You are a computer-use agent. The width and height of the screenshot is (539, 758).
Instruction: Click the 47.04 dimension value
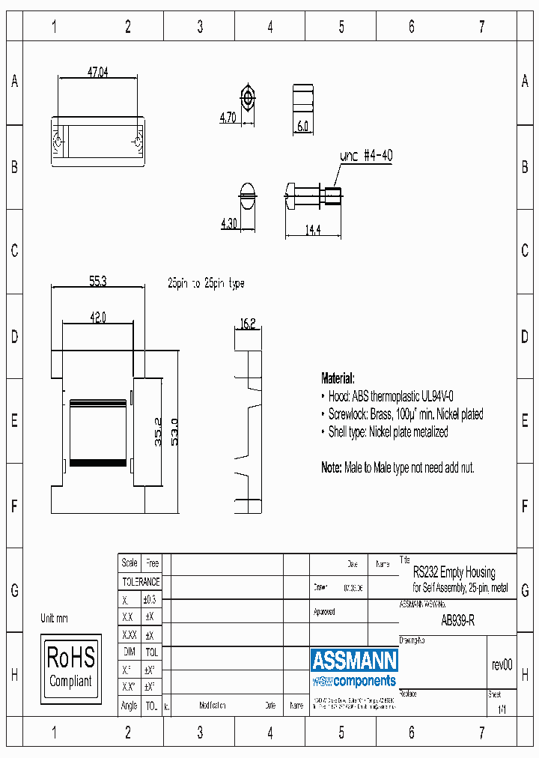pos(97,73)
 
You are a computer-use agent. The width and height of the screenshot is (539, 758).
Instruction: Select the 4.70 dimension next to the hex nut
pos(228,118)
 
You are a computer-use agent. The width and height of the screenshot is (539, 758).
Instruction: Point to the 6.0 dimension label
pos(303,127)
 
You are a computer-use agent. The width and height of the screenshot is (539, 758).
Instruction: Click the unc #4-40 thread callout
pos(366,157)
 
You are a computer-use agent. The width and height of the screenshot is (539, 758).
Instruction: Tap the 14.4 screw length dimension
pos(312,230)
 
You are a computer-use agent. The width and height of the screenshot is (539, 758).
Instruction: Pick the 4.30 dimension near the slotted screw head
pos(228,223)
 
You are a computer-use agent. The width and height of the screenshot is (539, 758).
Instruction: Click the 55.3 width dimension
pos(98,282)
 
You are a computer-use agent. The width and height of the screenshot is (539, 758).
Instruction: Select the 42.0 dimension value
pos(97,318)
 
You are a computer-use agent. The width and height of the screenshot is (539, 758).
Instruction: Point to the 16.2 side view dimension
pos(248,324)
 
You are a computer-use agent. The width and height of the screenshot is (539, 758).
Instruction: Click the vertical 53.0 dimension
pos(174,432)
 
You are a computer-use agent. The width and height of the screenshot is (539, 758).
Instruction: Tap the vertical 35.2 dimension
pos(159,432)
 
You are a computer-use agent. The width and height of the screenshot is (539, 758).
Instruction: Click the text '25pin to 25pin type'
pos(206,284)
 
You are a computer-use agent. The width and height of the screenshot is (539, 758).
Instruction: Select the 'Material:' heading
pos(338,378)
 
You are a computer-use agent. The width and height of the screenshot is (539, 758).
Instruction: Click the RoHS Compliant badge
pos(70,666)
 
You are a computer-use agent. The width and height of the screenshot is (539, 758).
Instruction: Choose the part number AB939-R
pos(457,620)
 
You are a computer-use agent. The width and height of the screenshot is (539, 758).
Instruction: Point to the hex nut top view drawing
pos(247,97)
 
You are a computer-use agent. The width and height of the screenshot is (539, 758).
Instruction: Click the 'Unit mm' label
pos(54,619)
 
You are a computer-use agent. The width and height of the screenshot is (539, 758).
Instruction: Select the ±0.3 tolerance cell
pos(150,599)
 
